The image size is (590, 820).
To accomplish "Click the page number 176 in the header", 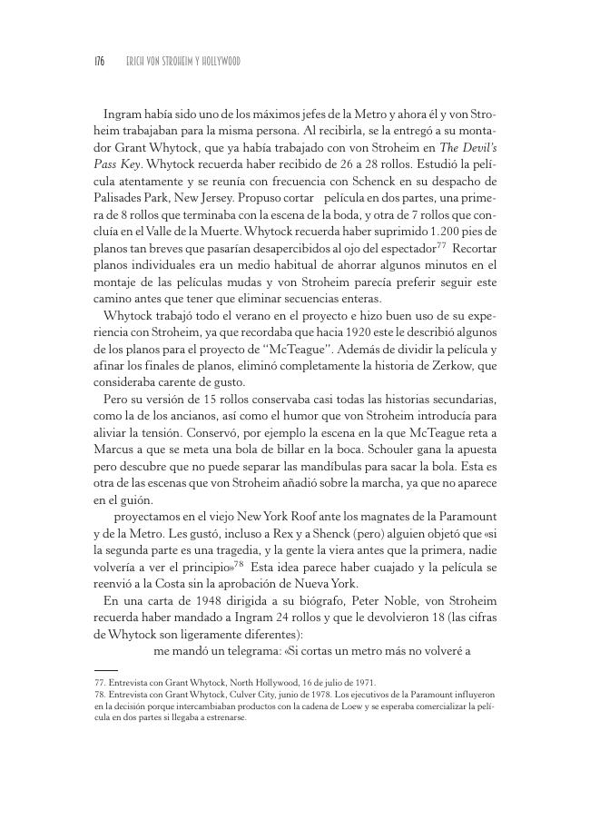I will point(100,61).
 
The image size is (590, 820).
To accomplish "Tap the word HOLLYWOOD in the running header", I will point(219,61).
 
